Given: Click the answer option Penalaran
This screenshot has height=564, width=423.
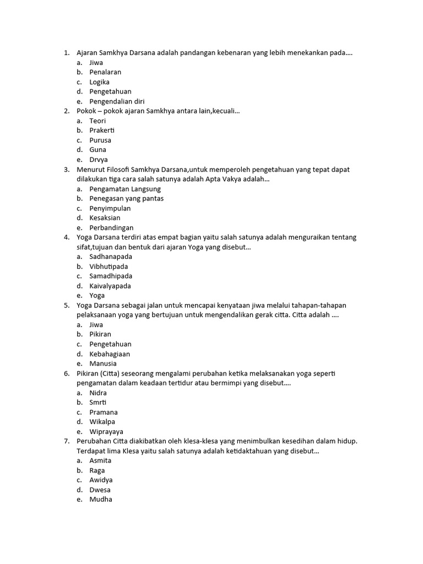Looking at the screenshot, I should tap(105, 72).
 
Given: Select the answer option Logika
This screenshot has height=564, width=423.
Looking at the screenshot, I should tap(100, 82).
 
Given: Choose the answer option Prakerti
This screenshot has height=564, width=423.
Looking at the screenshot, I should tap(102, 131).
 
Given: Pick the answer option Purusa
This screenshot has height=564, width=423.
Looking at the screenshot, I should tap(100, 140).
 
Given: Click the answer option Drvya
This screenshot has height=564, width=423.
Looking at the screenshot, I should tap(99, 160).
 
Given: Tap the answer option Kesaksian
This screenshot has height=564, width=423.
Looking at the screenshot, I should tap(105, 218).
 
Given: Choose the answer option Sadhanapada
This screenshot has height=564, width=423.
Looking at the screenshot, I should tap(111, 257).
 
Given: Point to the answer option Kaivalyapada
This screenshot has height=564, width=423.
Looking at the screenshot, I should tap(110, 286).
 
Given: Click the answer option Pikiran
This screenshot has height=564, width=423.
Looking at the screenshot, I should tap(100, 334).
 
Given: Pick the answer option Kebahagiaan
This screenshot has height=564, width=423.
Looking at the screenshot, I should tap(110, 354).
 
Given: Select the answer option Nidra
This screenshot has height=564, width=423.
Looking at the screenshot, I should tap(98, 393).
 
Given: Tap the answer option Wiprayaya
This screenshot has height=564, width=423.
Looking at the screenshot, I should tap(106, 432).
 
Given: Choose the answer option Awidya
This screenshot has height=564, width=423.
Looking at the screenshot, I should tap(101, 480).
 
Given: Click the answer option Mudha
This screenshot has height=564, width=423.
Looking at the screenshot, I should tap(101, 500).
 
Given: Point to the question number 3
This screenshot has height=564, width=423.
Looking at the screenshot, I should tap(66, 170).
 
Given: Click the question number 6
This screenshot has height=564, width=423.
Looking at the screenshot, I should tap(66, 373).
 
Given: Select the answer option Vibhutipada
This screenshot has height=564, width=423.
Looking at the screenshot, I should tap(109, 267).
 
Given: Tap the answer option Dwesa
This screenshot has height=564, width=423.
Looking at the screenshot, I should tap(100, 490).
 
